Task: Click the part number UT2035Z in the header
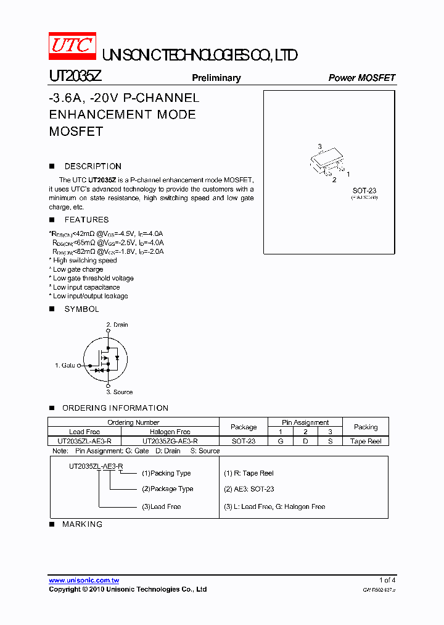coord(75,77)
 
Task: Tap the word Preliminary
coord(216,78)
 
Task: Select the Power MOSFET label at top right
coord(361,78)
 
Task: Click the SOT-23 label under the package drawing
coord(364,190)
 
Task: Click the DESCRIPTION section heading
coord(92,167)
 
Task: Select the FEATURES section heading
coord(86,220)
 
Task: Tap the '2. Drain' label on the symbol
coord(117,325)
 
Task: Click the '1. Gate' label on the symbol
coord(65,366)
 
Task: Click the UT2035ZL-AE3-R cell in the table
coord(84,442)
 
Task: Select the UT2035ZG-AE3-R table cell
coord(170,442)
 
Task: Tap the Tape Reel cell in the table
coord(366,442)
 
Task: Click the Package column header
coord(244,427)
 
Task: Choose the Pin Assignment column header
coord(305,422)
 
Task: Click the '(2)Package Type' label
coord(167,489)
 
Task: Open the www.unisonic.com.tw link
coord(84,581)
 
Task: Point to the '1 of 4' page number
coord(387,581)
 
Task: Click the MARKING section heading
coord(82,524)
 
